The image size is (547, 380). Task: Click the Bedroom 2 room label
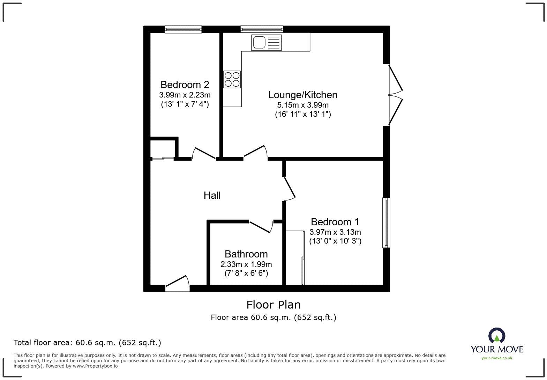185,85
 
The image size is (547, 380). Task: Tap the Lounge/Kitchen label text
302,95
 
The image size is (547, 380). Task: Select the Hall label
212,195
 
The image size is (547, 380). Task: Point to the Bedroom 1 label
335,222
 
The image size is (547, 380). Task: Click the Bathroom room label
246,254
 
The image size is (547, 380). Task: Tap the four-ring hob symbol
232,79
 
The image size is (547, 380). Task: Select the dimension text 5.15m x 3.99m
303,105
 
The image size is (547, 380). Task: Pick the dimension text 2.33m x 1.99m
246,264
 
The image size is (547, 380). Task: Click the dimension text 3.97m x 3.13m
335,232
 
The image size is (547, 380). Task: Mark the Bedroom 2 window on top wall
183,29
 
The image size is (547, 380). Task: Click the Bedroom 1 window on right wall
386,223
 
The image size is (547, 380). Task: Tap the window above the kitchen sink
262,29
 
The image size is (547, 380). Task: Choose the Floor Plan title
273,305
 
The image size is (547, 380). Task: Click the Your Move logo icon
497,336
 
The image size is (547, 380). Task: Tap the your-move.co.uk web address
497,358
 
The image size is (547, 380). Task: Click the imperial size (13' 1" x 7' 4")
185,104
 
